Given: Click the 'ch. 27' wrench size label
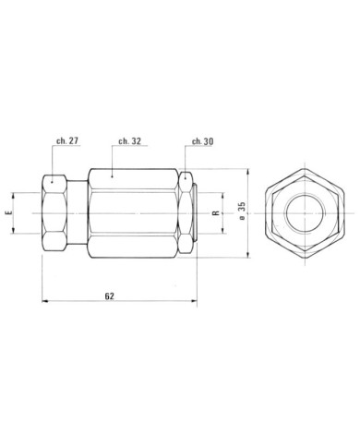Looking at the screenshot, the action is pyautogui.click(x=67, y=140).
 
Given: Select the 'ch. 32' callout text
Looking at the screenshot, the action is pyautogui.click(x=130, y=141).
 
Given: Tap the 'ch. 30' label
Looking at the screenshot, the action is pyautogui.click(x=202, y=141).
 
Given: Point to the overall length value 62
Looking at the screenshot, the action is pyautogui.click(x=110, y=296).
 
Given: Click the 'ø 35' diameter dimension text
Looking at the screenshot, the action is pyautogui.click(x=242, y=211).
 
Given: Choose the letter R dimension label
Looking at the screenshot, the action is pyautogui.click(x=216, y=212).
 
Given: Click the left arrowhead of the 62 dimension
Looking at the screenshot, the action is pyautogui.click(x=45, y=301).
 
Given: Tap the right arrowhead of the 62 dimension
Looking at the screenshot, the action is pyautogui.click(x=193, y=301).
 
